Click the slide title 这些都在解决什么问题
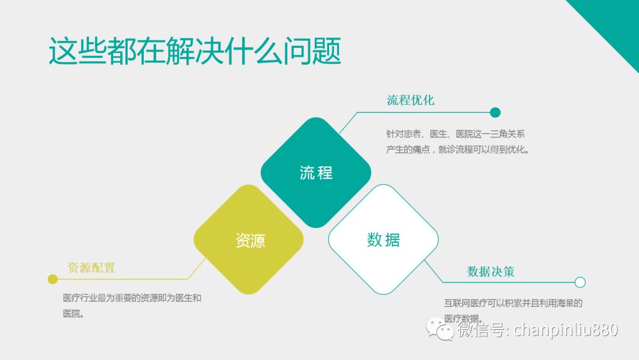point(195,51)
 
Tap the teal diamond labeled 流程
point(316,172)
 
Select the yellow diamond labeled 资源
point(248,239)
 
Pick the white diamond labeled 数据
point(383,239)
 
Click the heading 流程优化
point(411,100)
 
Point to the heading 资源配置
point(91,268)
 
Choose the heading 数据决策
point(490,272)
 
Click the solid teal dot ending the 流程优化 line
point(495,112)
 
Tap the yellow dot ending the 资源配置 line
point(53,279)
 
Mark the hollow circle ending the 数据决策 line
point(580,282)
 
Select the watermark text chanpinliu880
point(566,329)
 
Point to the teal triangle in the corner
point(615,20)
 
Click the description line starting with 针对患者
point(456,134)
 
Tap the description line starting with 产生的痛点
point(458,150)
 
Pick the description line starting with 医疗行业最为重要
point(132,298)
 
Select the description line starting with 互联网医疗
point(514,303)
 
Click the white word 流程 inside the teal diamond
point(316,173)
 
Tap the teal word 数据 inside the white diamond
point(383,240)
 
